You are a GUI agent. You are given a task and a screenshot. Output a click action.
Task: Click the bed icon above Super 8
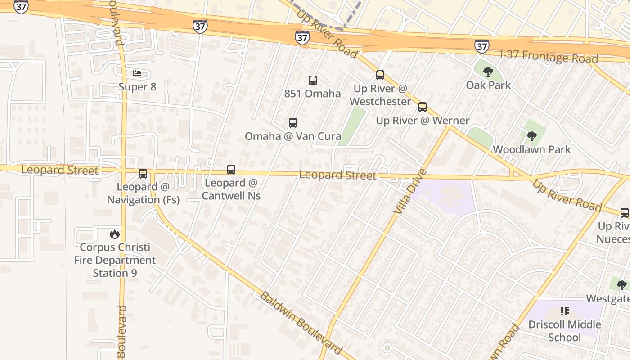pos(137,73)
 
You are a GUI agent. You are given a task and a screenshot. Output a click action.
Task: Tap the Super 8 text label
pos(137,87)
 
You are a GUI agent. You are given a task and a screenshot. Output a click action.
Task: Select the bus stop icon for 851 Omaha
pos(313,81)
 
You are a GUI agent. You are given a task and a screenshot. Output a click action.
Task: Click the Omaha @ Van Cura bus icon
pos(293,122)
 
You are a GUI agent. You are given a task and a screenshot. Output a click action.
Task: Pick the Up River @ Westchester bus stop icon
pos(380,75)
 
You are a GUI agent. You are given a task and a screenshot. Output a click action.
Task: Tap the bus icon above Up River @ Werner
pos(423,107)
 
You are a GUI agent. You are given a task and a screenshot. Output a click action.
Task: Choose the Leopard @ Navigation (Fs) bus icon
pos(143,173)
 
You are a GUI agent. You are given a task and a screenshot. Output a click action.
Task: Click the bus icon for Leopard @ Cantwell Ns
pos(231,170)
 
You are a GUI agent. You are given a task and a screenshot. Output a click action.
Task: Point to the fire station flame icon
pos(115,234)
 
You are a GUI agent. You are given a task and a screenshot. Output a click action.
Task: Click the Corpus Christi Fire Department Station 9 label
pos(115,260)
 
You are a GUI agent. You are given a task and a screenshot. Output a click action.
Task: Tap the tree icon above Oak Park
pos(488,72)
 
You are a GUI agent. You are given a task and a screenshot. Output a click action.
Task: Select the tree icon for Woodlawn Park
pos(532,136)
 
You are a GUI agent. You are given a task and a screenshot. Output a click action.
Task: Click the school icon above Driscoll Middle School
pos(565,311)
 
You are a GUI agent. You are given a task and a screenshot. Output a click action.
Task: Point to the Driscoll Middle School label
pos(565,331)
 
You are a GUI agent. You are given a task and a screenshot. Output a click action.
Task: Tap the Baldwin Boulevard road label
pos(301,323)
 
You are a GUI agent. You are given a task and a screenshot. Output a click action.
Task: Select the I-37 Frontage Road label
pos(549,57)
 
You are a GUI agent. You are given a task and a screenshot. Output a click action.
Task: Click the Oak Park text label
pos(488,85)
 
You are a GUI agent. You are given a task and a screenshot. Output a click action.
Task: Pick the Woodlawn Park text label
pos(532,149)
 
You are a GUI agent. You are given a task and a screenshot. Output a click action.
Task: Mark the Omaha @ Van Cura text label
pos(293,136)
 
